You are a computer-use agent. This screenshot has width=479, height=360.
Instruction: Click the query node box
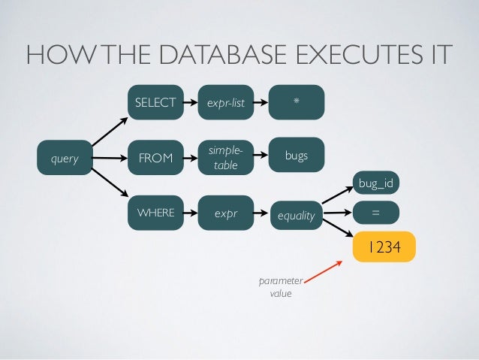coord(64,159)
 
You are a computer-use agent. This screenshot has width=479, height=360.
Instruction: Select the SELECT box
coord(155,102)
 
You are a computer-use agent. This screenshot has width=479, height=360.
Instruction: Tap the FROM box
coord(155,159)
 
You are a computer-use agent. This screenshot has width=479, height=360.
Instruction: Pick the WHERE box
coord(155,213)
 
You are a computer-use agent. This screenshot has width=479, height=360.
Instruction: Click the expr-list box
coord(227,102)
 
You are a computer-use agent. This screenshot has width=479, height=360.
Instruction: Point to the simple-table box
coord(227,158)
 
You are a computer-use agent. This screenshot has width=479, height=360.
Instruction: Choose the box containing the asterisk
coord(297,101)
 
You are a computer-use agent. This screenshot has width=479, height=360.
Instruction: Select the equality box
coord(296,215)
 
